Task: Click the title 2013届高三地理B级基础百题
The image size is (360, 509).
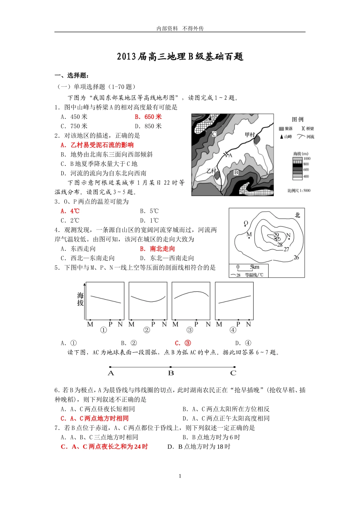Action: [x=180, y=56]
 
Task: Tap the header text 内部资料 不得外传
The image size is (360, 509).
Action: [x=180, y=28]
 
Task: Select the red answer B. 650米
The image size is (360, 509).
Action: [x=148, y=117]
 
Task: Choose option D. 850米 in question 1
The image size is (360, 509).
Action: [x=148, y=126]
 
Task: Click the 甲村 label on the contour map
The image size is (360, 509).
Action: [x=250, y=135]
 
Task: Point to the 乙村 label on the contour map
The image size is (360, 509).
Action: [x=211, y=171]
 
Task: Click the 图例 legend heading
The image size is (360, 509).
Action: [x=297, y=120]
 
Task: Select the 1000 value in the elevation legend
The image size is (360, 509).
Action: [x=307, y=159]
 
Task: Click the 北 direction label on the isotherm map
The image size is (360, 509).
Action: [x=297, y=215]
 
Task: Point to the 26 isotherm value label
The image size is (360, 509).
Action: [x=296, y=258]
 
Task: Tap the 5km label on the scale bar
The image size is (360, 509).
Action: [x=255, y=267]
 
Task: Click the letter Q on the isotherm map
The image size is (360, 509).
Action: [x=246, y=223]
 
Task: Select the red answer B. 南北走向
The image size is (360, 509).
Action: [x=157, y=249]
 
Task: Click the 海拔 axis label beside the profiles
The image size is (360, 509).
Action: [x=80, y=299]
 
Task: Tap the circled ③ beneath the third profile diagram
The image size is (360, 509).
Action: [x=190, y=330]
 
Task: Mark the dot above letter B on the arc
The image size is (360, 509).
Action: [x=171, y=367]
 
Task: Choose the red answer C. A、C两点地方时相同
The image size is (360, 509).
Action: [x=95, y=418]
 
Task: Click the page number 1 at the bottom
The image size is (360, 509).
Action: [x=180, y=476]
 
